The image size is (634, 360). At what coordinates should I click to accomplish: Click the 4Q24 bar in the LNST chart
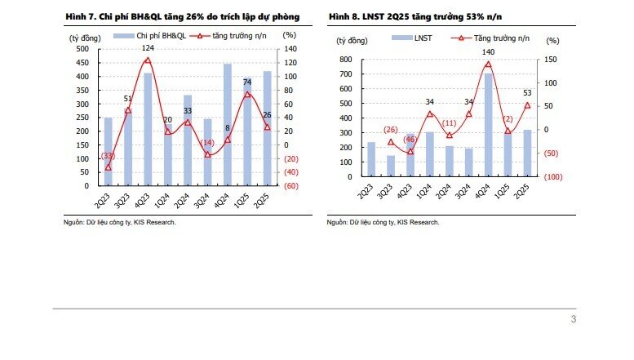(x=489, y=125)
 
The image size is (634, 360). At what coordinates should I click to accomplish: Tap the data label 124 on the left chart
(x=148, y=48)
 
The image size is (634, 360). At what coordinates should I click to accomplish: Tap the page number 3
(x=574, y=319)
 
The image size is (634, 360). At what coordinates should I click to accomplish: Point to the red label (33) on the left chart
(x=107, y=156)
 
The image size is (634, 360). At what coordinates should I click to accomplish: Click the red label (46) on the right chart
(x=410, y=139)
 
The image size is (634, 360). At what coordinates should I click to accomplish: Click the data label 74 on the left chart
(x=246, y=82)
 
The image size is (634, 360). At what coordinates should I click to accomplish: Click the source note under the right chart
(x=383, y=222)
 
